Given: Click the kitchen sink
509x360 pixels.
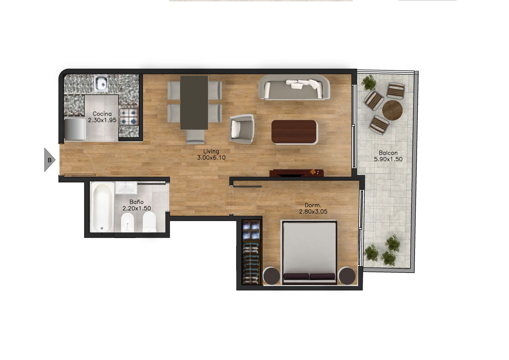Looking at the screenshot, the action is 101,84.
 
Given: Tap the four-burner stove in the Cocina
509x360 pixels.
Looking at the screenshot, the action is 129,117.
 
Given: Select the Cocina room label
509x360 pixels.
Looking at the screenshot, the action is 102,114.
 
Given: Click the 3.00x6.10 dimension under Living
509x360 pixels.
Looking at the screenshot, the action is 211,157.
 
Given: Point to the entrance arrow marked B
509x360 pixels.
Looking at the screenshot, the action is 49,160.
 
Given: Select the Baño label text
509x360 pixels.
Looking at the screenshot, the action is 136,202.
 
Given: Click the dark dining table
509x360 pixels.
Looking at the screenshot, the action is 194,103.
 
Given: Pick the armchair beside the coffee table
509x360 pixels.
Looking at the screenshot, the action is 241,129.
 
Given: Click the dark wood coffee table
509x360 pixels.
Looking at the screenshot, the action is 294,132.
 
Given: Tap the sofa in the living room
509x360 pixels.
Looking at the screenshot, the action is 294,87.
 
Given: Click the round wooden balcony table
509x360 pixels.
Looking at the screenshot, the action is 392,110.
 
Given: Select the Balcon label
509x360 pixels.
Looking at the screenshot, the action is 388,153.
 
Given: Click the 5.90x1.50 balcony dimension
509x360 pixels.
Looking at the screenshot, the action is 388,159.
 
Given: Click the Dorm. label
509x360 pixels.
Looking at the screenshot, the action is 313,205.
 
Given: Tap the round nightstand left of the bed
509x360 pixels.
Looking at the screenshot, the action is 271,275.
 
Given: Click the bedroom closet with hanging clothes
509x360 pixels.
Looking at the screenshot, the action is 251,252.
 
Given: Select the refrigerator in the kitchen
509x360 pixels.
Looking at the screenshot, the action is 75,129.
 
